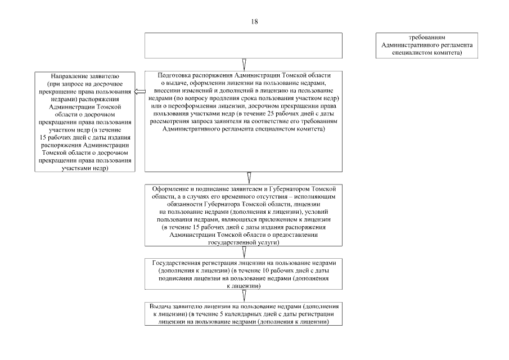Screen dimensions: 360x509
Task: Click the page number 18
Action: pyautogui.click(x=254, y=21)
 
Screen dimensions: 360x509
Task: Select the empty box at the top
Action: pyautogui.click(x=243, y=46)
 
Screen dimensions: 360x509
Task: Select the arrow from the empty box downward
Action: pyautogui.click(x=244, y=64)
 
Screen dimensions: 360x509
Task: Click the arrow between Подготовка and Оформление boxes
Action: pyautogui.click(x=249, y=178)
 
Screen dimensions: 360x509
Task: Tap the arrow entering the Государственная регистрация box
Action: pyautogui.click(x=244, y=252)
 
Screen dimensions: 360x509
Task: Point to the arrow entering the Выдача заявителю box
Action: pyautogui.click(x=244, y=296)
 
